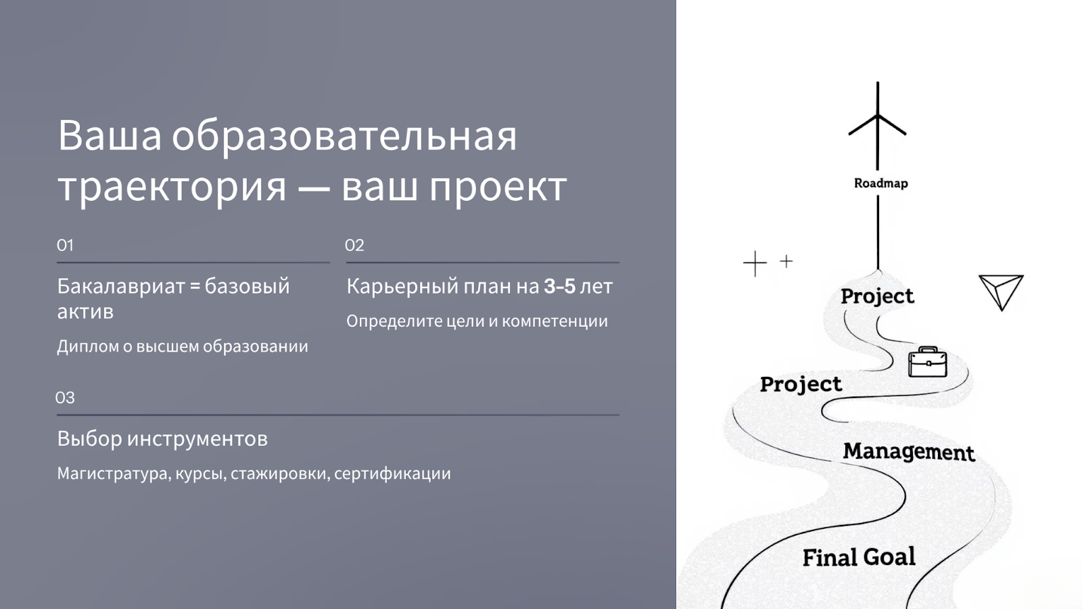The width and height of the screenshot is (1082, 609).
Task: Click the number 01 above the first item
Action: click(x=65, y=246)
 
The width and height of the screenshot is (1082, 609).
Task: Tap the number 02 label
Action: click(x=354, y=246)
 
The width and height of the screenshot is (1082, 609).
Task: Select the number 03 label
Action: click(x=65, y=398)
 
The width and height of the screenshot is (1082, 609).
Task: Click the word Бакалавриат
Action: click(x=121, y=286)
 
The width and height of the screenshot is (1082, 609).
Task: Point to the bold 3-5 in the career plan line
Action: click(x=559, y=286)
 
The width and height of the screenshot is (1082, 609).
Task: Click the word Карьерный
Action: click(x=402, y=287)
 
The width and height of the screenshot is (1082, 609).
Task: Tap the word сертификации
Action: click(x=392, y=474)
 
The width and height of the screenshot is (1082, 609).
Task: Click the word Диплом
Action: click(x=89, y=346)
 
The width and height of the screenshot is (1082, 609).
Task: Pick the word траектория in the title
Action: click(x=172, y=187)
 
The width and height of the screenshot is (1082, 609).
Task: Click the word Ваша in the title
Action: click(x=109, y=136)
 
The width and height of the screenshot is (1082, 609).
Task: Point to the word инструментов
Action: click(x=197, y=439)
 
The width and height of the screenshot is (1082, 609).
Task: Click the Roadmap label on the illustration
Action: click(x=880, y=183)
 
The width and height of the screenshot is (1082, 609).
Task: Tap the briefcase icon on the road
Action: click(x=927, y=361)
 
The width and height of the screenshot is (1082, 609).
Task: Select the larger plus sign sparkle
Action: click(x=755, y=263)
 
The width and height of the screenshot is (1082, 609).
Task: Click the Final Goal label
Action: click(x=859, y=557)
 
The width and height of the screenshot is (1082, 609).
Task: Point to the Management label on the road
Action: click(x=909, y=452)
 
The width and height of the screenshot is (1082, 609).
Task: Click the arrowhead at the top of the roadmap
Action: click(x=877, y=116)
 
